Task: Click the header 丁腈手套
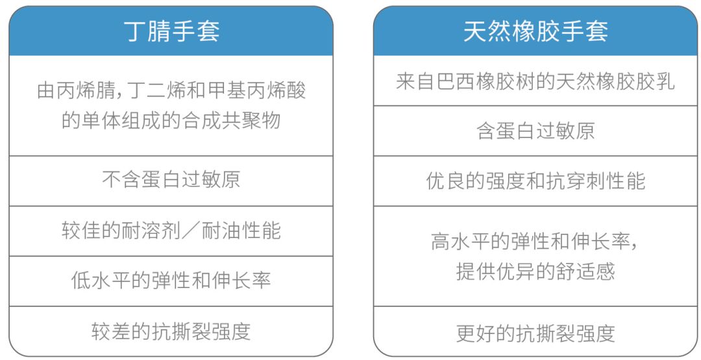tap(171, 31)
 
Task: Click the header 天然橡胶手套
tap(535, 31)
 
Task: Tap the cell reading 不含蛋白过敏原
tap(171, 180)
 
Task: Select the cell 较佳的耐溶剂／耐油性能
tap(171, 230)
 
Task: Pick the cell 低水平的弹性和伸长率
tap(171, 281)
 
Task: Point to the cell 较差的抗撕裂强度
tap(171, 331)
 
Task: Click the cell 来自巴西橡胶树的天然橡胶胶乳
tap(535, 81)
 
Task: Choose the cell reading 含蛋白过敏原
tap(535, 131)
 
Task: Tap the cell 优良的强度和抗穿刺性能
tap(535, 181)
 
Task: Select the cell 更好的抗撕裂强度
tap(535, 333)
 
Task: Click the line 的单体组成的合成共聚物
tap(171, 121)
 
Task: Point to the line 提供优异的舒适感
tap(535, 270)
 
